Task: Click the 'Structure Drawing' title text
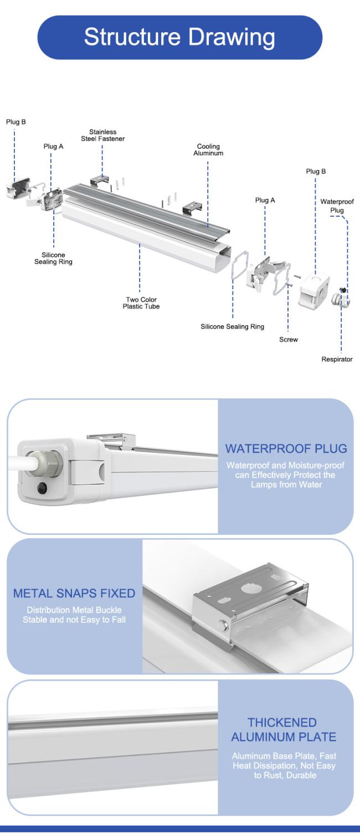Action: pyautogui.click(x=179, y=37)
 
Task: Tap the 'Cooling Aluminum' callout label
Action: pyautogui.click(x=208, y=150)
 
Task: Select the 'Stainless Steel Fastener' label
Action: pyautogui.click(x=103, y=135)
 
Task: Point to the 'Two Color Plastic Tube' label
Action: pyautogui.click(x=141, y=303)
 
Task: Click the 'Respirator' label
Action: pyautogui.click(x=337, y=359)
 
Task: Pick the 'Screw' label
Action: pyautogui.click(x=289, y=340)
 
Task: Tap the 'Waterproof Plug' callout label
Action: pyautogui.click(x=337, y=206)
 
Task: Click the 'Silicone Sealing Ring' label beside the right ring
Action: pyautogui.click(x=233, y=326)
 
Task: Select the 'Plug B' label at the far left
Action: pyautogui.click(x=16, y=122)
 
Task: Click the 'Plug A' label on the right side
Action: pyautogui.click(x=265, y=201)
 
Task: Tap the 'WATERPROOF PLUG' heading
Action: pyautogui.click(x=286, y=449)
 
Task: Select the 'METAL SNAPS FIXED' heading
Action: pyautogui.click(x=74, y=594)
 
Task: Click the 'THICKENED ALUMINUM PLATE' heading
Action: pyautogui.click(x=284, y=730)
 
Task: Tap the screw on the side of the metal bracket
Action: pyautogui.click(x=223, y=625)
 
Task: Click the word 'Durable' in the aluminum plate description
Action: pyautogui.click(x=301, y=775)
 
